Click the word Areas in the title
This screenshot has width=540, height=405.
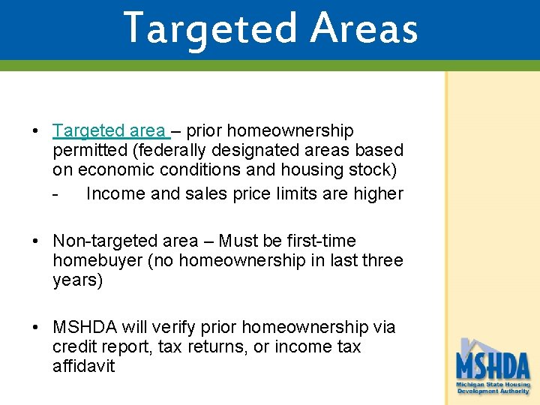coord(364,28)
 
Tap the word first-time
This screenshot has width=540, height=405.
coord(319,241)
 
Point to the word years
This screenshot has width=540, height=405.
coord(77,280)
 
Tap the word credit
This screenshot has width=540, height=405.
coord(76,347)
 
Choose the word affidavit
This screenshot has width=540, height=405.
coord(83,367)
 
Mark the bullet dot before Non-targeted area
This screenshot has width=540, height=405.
coord(36,241)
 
